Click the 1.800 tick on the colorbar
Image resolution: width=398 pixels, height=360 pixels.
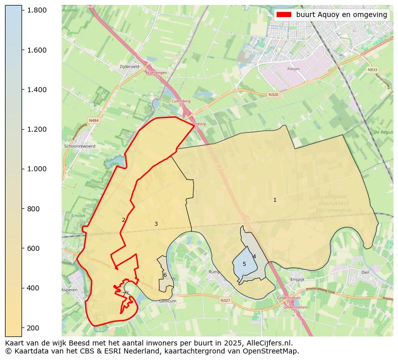pyautogui.click(x=22, y=10)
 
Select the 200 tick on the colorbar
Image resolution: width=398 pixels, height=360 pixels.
pyautogui.click(x=22, y=327)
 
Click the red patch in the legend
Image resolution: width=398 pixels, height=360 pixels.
pyautogui.click(x=284, y=15)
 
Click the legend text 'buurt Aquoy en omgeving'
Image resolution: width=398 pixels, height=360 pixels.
pyautogui.click(x=341, y=15)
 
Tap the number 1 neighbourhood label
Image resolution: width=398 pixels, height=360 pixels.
pyautogui.click(x=275, y=200)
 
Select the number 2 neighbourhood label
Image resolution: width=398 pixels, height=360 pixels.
pyautogui.click(x=123, y=220)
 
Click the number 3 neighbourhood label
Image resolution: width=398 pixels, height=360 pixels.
pyautogui.click(x=156, y=224)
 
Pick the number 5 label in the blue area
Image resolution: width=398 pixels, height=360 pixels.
pyautogui.click(x=244, y=264)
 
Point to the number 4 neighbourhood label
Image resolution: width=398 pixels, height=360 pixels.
pyautogui.click(x=254, y=257)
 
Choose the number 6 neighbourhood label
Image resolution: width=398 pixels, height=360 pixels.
pyautogui.click(x=165, y=275)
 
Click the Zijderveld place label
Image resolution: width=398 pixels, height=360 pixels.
pyautogui.click(x=129, y=66)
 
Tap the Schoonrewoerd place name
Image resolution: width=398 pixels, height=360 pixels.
pyautogui.click(x=80, y=146)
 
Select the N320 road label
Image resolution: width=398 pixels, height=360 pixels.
pyautogui.click(x=273, y=94)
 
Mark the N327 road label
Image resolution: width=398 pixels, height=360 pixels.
pyautogui.click(x=225, y=300)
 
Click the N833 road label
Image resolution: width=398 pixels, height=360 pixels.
pyautogui.click(x=372, y=70)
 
